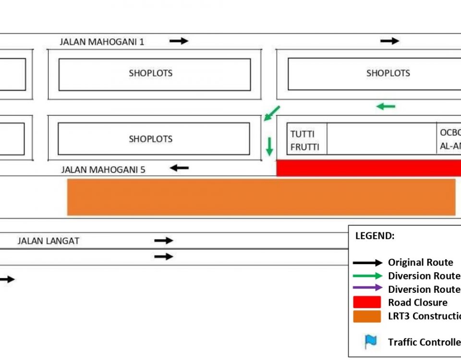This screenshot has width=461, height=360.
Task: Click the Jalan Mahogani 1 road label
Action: [102, 42]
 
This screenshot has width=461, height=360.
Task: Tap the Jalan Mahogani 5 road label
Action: [103, 169]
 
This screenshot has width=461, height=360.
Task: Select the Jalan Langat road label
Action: [48, 241]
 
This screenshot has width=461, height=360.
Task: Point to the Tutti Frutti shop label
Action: [304, 140]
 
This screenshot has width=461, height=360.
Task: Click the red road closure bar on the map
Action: [368, 168]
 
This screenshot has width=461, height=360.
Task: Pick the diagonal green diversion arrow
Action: [272, 113]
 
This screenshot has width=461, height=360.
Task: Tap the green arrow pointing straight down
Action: [269, 146]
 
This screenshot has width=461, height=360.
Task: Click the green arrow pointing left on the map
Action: [386, 106]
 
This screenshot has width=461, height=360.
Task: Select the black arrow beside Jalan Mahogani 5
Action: [179, 168]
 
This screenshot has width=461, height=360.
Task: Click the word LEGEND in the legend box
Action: [375, 236]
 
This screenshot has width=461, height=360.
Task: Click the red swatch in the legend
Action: [367, 302]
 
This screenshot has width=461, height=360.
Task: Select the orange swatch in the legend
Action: [367, 316]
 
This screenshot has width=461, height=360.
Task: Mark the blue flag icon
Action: [370, 341]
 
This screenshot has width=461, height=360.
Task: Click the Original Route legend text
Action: [421, 263]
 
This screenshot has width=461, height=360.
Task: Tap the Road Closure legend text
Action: [418, 302]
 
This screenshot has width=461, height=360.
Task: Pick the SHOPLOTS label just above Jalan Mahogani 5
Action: [150, 139]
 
